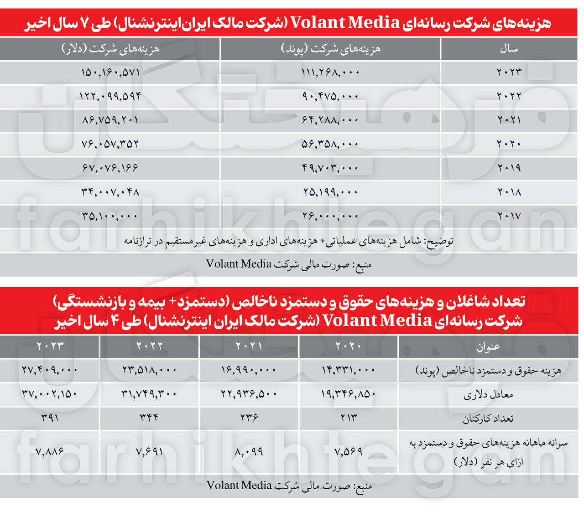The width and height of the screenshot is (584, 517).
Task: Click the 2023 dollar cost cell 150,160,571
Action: click(x=110, y=72)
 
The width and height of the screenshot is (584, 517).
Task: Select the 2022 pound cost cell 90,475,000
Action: click(x=330, y=96)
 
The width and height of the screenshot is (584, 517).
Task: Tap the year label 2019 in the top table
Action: click(x=509, y=168)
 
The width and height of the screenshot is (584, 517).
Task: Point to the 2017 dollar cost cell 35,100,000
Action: click(x=110, y=216)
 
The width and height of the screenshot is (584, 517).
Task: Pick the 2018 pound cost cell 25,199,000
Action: click(x=330, y=192)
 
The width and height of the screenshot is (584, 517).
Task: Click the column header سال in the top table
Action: click(x=509, y=49)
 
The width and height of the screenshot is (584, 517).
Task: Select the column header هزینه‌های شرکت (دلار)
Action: click(x=110, y=49)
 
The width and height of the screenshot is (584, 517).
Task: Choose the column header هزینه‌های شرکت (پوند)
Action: click(x=330, y=49)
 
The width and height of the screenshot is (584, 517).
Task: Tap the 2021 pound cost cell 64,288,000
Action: click(x=330, y=120)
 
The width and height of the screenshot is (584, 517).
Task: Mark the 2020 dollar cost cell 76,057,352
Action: click(x=110, y=144)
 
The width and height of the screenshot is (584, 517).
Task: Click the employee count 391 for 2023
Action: click(x=50, y=418)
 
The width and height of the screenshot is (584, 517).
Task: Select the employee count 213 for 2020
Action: click(x=349, y=418)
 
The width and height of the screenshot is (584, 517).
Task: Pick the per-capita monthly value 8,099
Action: click(x=249, y=452)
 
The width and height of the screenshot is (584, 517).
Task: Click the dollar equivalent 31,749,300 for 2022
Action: click(x=149, y=393)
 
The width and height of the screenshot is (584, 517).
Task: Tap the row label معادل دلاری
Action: click(x=488, y=395)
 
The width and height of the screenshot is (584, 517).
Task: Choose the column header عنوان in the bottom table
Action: click(x=488, y=347)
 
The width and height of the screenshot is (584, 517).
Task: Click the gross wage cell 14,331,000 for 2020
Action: click(x=349, y=370)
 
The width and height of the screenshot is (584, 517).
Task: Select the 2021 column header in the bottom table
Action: click(x=249, y=346)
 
